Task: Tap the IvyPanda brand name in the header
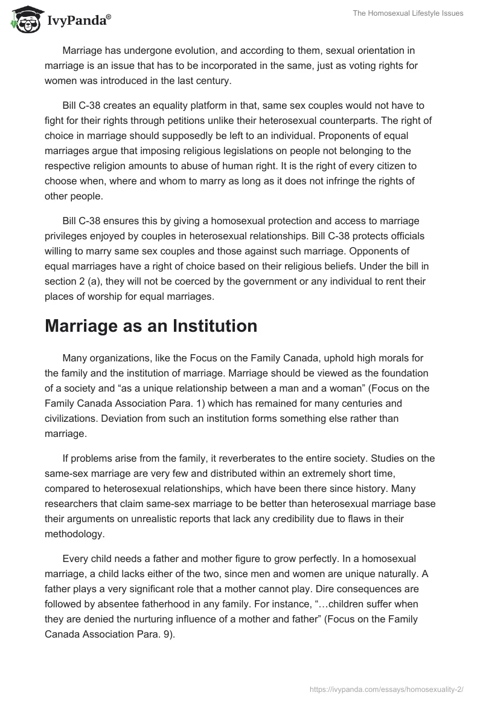click(x=77, y=21)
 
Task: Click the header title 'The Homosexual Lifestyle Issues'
click(x=408, y=13)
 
